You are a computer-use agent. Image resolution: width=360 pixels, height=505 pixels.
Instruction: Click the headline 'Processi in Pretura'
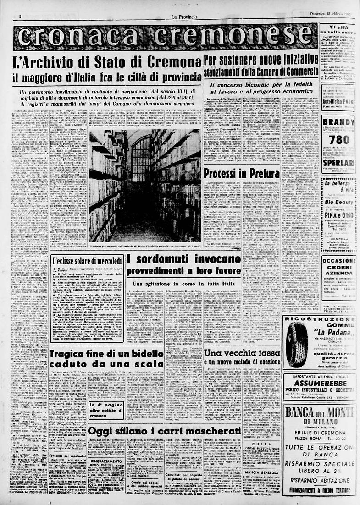click(242, 173)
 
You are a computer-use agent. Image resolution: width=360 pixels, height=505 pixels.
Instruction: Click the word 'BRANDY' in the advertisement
click(338, 122)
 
